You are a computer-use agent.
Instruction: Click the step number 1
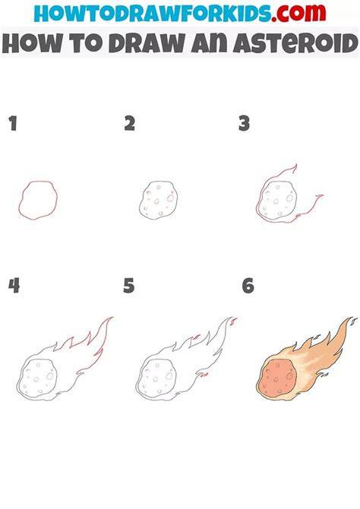13,123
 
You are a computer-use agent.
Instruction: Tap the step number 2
130,123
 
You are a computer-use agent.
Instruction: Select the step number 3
244,123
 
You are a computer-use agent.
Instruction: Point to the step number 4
14,286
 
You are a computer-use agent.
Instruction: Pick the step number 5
129,286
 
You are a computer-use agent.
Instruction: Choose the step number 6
248,286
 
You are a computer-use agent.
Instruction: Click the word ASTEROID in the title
295,43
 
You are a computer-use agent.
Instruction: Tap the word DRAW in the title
147,43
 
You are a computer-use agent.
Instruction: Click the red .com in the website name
299,14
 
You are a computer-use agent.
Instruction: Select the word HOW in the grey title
33,43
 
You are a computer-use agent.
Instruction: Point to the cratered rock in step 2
159,199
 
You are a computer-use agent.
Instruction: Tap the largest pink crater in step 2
170,198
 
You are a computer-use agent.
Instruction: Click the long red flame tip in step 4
112,318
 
